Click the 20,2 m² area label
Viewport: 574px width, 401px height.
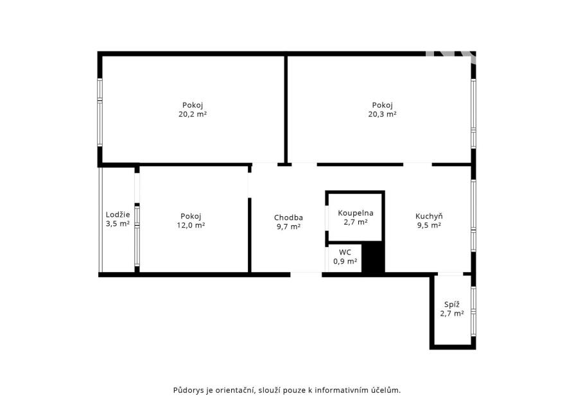193,114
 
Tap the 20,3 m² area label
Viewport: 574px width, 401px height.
382,114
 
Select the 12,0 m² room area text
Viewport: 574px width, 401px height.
191,225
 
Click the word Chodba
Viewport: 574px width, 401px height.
288,218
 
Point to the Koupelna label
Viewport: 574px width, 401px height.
356,213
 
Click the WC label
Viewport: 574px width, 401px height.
345,252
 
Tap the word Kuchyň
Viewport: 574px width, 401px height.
429,216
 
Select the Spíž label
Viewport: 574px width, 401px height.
452,304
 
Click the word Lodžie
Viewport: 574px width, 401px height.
118,215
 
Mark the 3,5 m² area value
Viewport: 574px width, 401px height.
118,223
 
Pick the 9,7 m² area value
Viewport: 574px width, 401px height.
288,227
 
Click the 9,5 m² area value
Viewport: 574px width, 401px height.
429,225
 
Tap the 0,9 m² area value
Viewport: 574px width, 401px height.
345,262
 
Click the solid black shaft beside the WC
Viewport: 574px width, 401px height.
372,259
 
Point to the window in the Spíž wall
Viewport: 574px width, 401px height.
473,311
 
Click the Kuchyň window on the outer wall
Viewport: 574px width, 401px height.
473,216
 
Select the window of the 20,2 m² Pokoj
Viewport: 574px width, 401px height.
100,112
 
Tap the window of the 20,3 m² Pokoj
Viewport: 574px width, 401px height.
473,114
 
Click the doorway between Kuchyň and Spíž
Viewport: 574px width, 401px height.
450,274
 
